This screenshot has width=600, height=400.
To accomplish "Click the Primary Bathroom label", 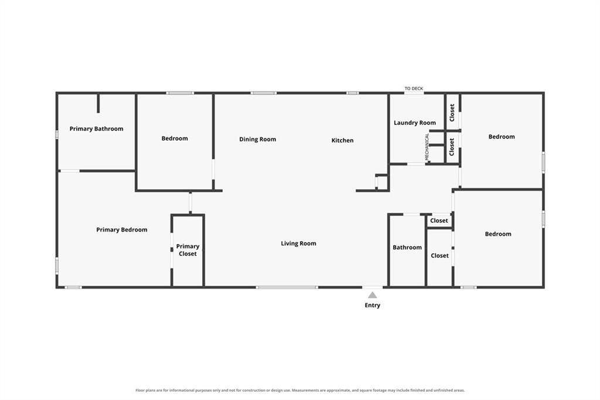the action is pos(97,128).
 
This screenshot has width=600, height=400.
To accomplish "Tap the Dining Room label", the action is pos(258,140).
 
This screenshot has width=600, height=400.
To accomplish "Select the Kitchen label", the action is pos(342,140).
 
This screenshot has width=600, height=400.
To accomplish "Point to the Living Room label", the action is pos(298,243).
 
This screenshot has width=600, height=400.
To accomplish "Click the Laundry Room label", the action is pos(415,123).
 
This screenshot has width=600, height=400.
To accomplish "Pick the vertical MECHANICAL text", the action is pos(427,147).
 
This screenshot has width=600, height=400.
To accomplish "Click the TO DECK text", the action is pos(414,89).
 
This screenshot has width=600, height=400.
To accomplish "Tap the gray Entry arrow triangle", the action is pos(372,295).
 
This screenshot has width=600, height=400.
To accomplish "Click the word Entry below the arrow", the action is pos(372,306).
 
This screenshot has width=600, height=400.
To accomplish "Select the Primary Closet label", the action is pos(187,250).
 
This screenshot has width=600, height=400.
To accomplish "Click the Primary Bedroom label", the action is pos(122,230).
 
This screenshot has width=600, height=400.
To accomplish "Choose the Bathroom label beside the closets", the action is pos(407,248).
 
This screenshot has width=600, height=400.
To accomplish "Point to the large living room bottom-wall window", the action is pos(287,287).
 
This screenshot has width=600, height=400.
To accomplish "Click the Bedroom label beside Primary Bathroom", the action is pos(175,138).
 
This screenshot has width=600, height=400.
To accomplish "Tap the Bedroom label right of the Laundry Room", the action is pos(502,137).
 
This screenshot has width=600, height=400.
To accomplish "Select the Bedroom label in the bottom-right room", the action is pos(498,234).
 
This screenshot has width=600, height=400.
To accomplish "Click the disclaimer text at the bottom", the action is pos(300,391).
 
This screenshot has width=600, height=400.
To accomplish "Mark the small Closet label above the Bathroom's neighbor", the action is pos(439,221).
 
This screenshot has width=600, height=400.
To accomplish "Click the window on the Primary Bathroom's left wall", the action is pos(57,134).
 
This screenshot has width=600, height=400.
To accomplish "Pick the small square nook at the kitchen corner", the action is pos(382,182).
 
